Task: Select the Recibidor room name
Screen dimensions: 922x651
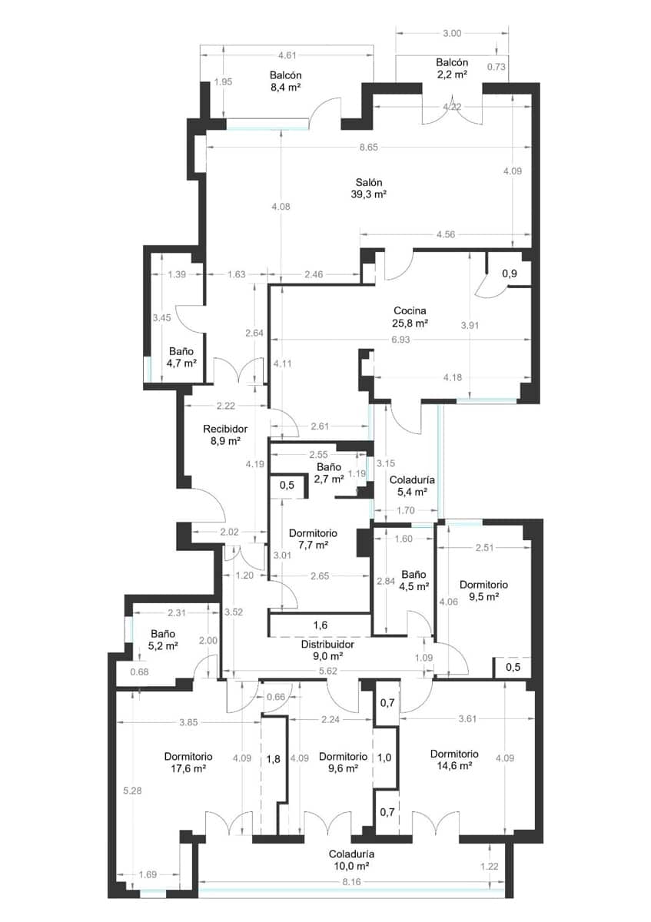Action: pos(225,429)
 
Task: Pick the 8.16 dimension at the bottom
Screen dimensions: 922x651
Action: pos(351,883)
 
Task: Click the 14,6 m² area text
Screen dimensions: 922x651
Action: pos(454,765)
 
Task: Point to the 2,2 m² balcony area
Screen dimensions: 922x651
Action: pos(452,75)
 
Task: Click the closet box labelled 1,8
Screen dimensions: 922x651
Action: pos(274,759)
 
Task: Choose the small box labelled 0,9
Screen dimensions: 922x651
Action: pos(509,273)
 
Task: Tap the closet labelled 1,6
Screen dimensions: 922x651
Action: pos(321,625)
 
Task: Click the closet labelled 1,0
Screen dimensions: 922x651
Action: pos(384,757)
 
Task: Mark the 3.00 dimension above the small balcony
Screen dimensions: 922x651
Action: pos(453,33)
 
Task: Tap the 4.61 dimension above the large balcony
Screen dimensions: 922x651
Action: pos(286,55)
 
